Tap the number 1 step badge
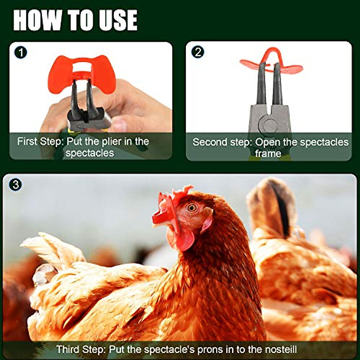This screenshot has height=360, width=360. click(x=20, y=52)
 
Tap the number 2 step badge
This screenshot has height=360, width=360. click(x=198, y=52)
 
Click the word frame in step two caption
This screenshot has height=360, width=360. click(x=268, y=154)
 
